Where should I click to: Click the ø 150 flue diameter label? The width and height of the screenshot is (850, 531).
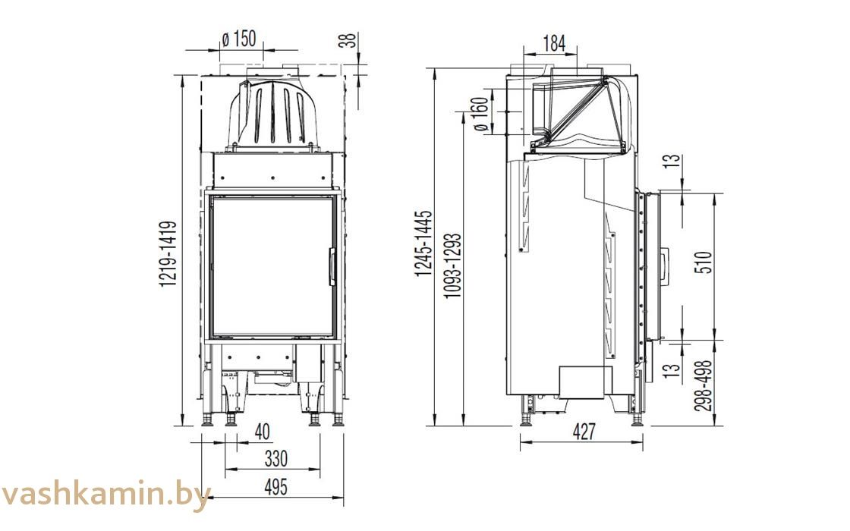click(239, 39)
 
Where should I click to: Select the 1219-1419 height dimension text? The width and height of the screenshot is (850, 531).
click(168, 253)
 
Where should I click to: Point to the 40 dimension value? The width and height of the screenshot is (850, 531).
click(262, 432)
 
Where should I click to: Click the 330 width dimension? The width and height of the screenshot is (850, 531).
click(276, 459)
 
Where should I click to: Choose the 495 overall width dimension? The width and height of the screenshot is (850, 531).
click(276, 487)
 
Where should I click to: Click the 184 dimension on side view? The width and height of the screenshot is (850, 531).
click(554, 44)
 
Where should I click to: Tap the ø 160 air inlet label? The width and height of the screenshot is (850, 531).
click(481, 115)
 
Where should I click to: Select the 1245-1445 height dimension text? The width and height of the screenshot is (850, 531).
click(423, 244)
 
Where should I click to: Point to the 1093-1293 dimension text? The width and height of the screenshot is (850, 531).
click(452, 265)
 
